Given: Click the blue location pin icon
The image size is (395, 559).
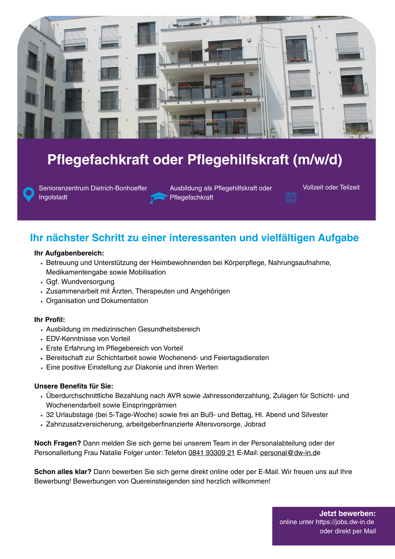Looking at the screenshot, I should [28, 194].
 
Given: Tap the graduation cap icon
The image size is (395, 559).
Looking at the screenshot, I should [158, 197].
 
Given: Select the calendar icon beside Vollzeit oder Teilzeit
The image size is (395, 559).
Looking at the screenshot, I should [291, 197].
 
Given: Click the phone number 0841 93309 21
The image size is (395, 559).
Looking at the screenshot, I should [211, 453].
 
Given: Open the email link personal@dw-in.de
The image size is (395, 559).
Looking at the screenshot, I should [290, 453].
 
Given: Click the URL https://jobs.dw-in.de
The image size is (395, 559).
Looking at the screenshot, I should [345, 522].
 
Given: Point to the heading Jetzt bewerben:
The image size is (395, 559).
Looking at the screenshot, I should [347, 513].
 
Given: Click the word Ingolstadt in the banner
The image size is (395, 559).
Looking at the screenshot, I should [53, 197].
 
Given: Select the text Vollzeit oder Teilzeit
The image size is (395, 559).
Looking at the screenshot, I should [331, 187].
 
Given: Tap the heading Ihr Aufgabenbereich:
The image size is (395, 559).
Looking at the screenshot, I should [69, 253].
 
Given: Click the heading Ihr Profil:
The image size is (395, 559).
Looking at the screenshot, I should [49, 320].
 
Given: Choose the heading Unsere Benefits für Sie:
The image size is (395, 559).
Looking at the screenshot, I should [74, 386].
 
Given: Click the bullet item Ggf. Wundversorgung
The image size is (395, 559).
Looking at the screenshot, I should [80, 282].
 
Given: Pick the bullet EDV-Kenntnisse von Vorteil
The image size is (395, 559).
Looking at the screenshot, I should [88, 339].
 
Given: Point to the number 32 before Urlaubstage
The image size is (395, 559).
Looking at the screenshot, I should [50, 415].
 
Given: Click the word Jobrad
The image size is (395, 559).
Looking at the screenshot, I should [255, 424].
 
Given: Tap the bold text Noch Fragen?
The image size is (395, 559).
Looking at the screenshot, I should [58, 443].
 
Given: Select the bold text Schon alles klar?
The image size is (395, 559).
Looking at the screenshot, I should [63, 472].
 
